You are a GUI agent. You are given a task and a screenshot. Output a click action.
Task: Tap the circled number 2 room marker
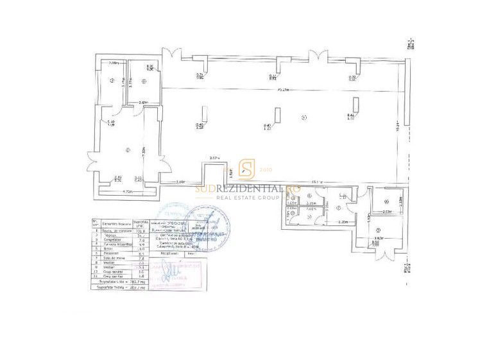pyautogui.click(x=128, y=150)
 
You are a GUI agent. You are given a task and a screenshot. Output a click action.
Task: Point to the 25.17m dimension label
pyautogui.click(x=277, y=90)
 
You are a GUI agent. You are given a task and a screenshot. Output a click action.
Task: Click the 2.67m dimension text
pyautogui.click(x=215, y=158)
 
